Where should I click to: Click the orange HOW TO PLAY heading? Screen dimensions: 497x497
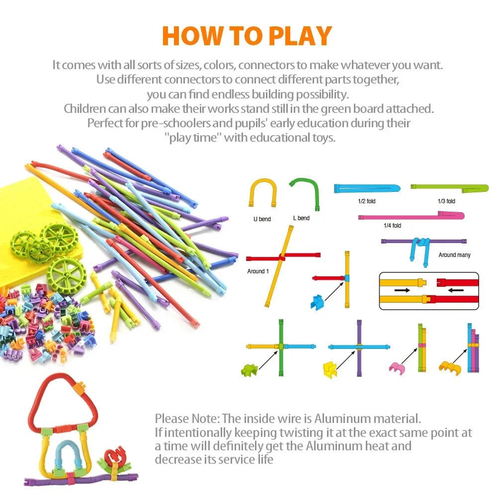pyautogui.click(x=247, y=36)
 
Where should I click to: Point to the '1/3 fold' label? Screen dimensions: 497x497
pyautogui.click(x=446, y=201)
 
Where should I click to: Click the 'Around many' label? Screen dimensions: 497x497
pyautogui.click(x=454, y=255)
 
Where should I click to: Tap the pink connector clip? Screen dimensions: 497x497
pyautogui.click(x=396, y=367)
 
